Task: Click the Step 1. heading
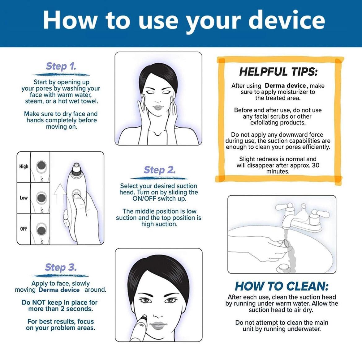(61, 66)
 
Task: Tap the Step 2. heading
(159, 170)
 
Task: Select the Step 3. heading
(61, 268)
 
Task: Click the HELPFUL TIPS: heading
(278, 72)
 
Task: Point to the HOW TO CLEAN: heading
(282, 286)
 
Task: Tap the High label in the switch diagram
(24, 167)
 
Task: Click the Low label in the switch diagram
(24, 198)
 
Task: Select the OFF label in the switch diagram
(24, 229)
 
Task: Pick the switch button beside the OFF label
(41, 230)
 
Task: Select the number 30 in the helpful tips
(316, 165)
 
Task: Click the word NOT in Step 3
(39, 303)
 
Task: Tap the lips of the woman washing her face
(158, 108)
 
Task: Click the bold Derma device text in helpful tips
(285, 86)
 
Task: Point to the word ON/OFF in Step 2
(144, 199)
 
